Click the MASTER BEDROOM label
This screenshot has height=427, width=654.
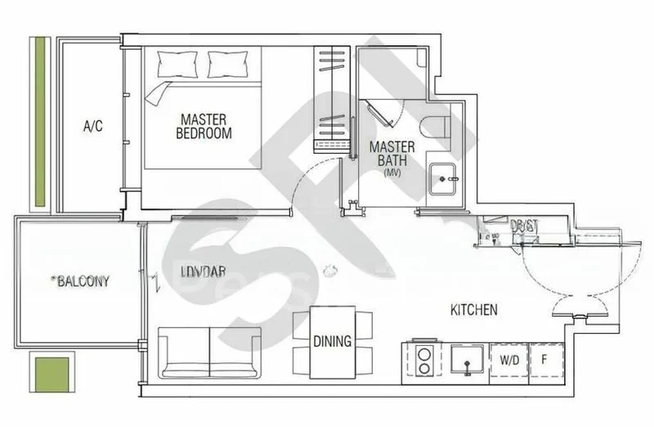click(204, 126)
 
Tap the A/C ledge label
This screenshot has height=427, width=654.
click(92, 127)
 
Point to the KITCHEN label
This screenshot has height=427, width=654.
click(474, 310)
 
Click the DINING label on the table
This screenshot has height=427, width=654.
click(333, 341)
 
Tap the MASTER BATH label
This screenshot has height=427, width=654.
click(392, 154)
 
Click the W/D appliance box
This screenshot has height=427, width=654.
click(508, 358)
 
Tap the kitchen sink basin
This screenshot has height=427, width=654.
click(467, 357)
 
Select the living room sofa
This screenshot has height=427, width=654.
click(210, 352)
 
